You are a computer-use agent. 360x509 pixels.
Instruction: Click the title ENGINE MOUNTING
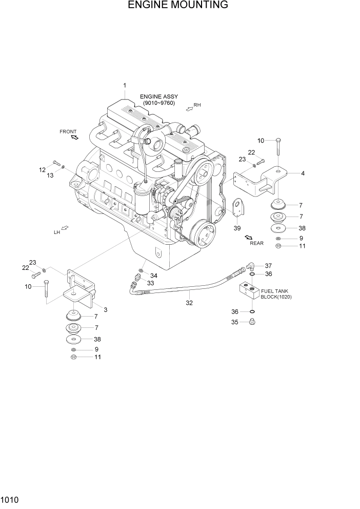pos(178,6)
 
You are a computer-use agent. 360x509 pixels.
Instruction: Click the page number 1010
pos(10,498)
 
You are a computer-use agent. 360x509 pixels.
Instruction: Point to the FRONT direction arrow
pos(74,138)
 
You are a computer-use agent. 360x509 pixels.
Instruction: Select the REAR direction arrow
pos(249,237)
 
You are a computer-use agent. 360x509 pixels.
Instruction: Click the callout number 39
pos(237,228)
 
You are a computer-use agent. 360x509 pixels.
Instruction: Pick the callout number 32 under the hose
pos(189,303)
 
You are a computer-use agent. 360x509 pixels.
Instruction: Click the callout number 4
pos(303,173)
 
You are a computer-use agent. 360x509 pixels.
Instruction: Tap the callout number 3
pos(105,309)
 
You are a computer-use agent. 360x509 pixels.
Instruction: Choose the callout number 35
pos(235,323)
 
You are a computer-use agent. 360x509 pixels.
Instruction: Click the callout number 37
pos(268,265)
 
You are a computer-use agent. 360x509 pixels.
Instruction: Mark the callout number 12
pos(43,169)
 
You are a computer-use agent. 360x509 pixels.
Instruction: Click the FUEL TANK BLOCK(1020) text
pos(276,294)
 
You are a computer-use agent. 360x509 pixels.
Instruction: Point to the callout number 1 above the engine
pos(124,85)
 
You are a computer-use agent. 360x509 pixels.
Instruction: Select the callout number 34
pos(153,276)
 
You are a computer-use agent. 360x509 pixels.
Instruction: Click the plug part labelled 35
pos(251,322)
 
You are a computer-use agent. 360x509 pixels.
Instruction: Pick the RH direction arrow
pos(189,108)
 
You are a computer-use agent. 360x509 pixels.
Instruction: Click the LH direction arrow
pos(65,228)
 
